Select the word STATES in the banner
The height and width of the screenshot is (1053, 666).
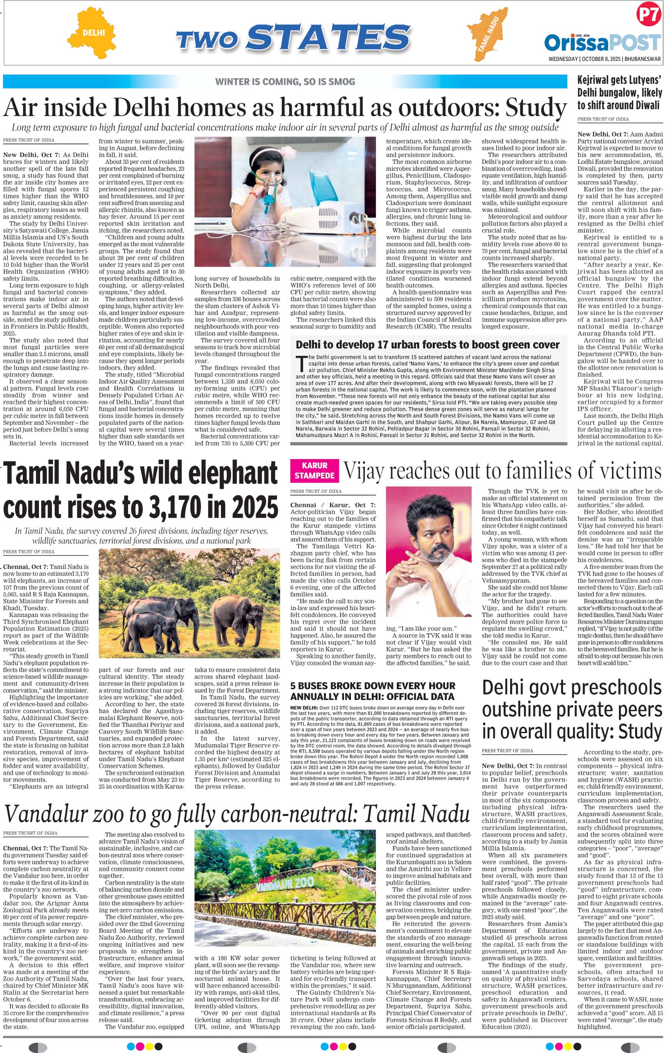click(327, 38)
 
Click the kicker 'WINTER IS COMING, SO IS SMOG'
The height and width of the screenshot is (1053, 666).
click(285, 81)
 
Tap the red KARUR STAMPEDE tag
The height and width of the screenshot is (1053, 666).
click(314, 470)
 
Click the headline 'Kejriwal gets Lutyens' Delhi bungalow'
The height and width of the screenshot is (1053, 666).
click(620, 92)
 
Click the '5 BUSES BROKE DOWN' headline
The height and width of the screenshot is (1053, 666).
click(372, 691)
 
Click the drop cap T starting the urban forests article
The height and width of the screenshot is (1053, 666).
click(300, 363)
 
